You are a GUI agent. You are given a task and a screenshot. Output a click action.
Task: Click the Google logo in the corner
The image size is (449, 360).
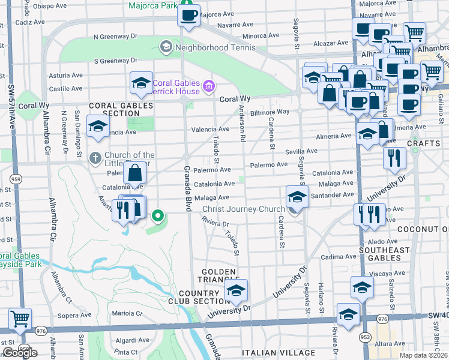tap(20, 353)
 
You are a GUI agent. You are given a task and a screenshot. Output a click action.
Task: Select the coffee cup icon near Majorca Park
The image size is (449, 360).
tap(188, 15)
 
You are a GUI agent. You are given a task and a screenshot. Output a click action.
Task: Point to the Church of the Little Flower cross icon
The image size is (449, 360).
tap(94, 158)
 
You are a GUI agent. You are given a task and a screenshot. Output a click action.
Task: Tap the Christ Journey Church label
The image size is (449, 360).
tap(243, 209)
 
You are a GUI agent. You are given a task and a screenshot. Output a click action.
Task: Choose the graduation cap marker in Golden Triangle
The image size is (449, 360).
tap(237, 291)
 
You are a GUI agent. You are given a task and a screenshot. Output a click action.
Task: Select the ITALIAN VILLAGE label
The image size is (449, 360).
tap(278, 353)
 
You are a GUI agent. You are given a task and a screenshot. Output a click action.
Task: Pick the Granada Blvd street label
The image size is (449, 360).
tap(187, 188)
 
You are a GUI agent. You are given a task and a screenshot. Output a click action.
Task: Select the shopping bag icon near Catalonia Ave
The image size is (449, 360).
tap(136, 173)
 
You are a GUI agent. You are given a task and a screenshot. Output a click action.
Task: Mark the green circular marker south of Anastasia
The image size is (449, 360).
tap(158, 215)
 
